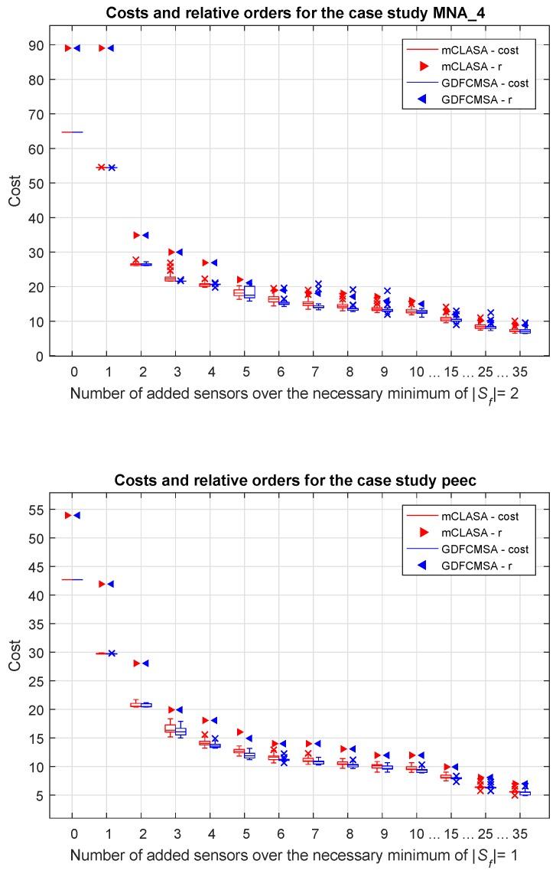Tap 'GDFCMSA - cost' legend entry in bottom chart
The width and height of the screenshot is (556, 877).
(x=470, y=549)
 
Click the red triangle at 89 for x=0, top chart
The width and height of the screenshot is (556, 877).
(x=68, y=48)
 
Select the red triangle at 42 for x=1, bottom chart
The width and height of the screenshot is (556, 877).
(x=102, y=584)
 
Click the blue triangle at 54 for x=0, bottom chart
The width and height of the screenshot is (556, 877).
(x=76, y=516)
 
